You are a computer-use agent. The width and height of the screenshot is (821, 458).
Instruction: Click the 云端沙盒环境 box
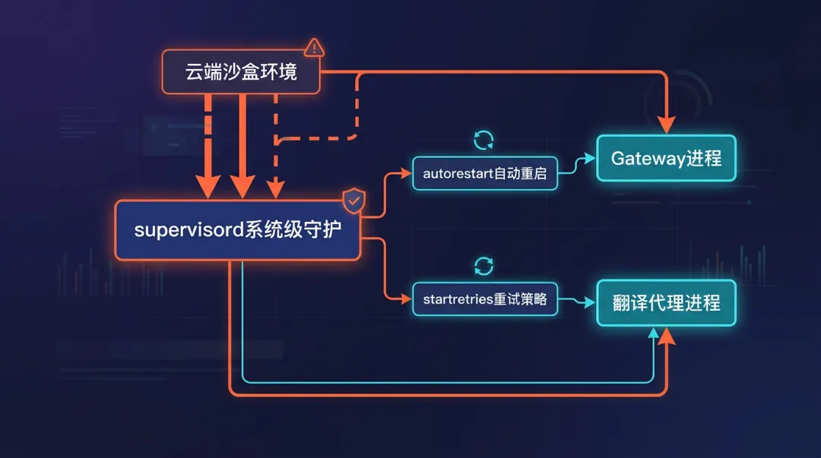[240, 72]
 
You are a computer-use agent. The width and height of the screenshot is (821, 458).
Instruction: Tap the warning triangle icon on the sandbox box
[313, 48]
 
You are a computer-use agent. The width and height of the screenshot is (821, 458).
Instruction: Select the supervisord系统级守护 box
[237, 230]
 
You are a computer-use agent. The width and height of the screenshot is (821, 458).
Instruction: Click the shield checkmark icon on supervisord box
[353, 201]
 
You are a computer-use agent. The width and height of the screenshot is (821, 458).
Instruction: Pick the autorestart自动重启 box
[484, 173]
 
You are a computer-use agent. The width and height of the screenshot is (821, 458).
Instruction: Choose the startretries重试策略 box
[484, 298]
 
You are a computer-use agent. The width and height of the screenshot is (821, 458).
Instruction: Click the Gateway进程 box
[666, 159]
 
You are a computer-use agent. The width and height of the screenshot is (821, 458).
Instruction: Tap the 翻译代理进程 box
[666, 303]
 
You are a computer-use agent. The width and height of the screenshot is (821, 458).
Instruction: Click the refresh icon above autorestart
[483, 140]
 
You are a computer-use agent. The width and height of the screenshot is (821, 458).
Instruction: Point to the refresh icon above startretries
[483, 265]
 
